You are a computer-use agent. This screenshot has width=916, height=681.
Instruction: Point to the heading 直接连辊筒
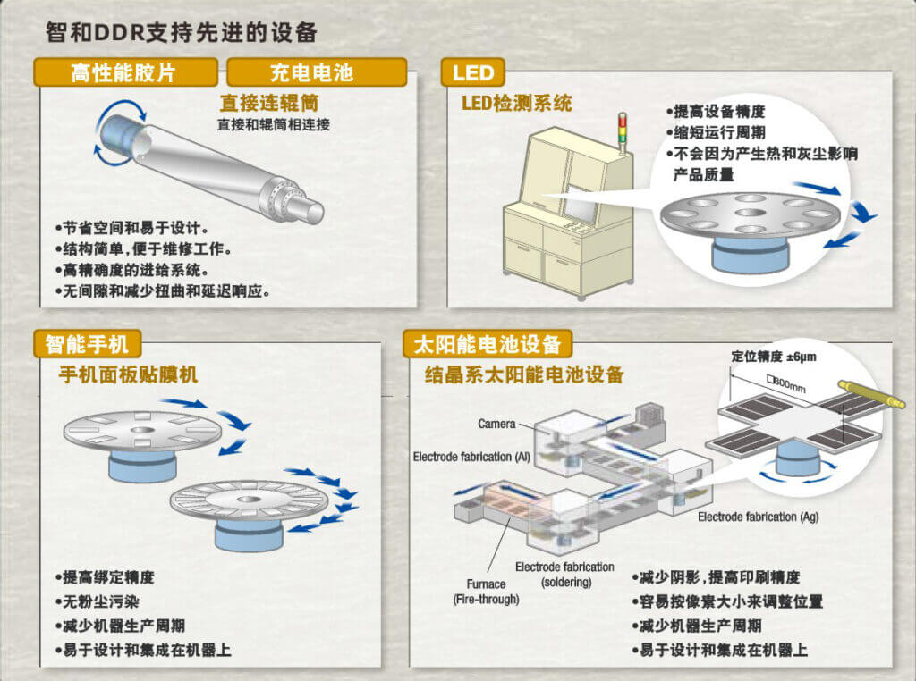[x=268, y=103]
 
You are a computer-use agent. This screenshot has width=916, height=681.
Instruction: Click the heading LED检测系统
[x=516, y=104]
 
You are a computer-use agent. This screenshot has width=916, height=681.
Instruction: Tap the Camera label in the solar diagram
[x=496, y=424]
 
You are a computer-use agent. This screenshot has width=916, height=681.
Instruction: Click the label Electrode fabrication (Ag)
[x=758, y=517]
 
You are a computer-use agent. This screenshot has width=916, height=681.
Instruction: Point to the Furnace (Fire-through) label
[x=486, y=592]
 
